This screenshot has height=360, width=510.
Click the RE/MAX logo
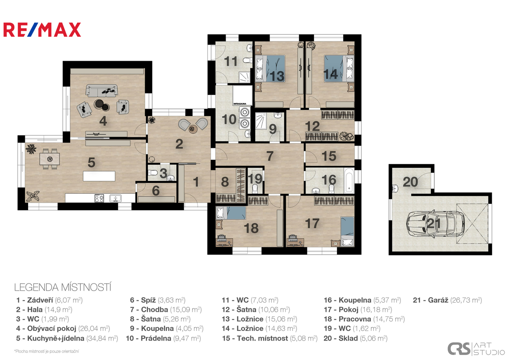click(42, 30)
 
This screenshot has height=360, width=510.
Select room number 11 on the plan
click(230, 61)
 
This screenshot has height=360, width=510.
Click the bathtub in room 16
click(349, 180)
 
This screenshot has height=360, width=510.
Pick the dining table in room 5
click(50, 159)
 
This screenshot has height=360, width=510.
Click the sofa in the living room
click(102, 91)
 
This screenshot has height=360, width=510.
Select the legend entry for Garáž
click(447, 300)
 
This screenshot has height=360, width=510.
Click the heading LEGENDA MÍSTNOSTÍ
click(63, 287)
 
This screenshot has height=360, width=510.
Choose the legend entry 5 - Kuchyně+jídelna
click(67, 338)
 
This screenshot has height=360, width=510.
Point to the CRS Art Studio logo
click(476, 349)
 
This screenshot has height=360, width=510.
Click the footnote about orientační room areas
click(46, 351)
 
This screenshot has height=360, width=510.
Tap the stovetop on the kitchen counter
click(99, 198)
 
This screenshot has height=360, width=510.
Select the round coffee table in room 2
click(193, 129)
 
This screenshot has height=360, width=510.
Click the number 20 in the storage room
click(410, 182)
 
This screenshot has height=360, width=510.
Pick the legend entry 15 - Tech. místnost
click(270, 338)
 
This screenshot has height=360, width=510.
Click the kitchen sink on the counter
click(115, 198)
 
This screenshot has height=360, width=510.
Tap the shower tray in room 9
click(261, 121)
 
